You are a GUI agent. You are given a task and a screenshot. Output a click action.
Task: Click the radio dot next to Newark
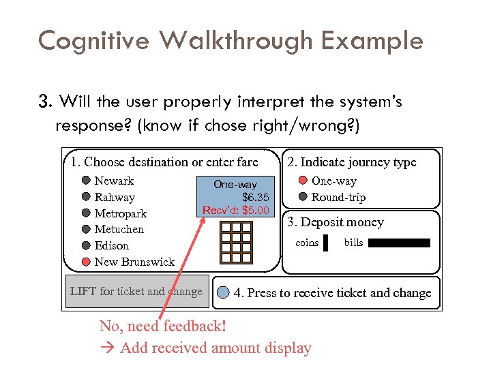click(85, 181)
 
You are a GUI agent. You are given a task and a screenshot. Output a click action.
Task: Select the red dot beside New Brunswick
click(85, 262)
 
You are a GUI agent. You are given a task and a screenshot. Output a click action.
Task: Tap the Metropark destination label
click(120, 213)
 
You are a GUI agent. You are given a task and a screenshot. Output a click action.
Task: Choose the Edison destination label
click(111, 245)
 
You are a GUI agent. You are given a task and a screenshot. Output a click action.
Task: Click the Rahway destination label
click(115, 197)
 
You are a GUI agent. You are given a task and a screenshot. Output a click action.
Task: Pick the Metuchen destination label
click(119, 229)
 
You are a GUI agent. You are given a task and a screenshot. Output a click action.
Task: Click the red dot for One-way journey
click(303, 181)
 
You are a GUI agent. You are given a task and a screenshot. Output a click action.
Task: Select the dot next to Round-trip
click(303, 197)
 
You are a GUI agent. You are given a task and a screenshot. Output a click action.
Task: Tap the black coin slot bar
click(326, 243)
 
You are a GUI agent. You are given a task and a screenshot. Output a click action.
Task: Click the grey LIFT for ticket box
click(136, 292)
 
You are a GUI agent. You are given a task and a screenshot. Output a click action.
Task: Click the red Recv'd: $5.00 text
click(236, 210)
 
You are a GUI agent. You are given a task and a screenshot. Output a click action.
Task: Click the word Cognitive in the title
click(94, 41)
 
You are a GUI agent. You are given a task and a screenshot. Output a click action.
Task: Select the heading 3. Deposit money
click(335, 222)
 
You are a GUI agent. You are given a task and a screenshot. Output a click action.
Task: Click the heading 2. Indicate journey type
click(351, 162)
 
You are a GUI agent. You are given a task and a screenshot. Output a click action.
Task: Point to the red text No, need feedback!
click(162, 326)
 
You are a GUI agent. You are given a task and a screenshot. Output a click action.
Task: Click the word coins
click(307, 243)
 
